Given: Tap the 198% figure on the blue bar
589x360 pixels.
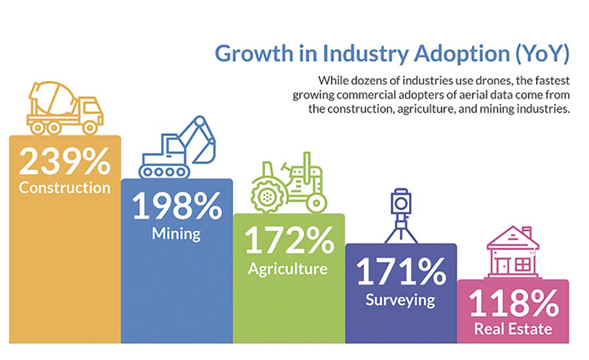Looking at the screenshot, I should [x=177, y=206].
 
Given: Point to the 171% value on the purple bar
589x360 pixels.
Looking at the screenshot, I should [x=400, y=272].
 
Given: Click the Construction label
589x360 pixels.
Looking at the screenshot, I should [x=65, y=189].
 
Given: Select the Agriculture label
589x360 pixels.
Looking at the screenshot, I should [x=288, y=268].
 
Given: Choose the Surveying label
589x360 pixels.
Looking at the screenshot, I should [x=400, y=300].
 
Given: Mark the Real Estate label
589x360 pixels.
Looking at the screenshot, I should [x=512, y=329].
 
